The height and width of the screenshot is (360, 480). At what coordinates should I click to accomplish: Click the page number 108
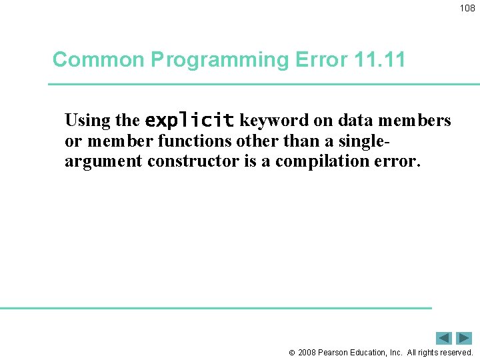tap(467, 8)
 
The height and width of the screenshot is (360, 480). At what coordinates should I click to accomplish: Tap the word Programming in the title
tap(219, 60)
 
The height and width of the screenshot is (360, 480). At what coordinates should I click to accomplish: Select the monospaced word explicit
tap(189, 121)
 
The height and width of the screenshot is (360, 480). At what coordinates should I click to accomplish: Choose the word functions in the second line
tap(194, 141)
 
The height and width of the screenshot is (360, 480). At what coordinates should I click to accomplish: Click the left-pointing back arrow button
tap(444, 338)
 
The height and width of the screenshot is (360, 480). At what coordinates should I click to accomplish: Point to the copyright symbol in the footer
tap(291, 353)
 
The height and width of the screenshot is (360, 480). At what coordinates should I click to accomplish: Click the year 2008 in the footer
tap(308, 353)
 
